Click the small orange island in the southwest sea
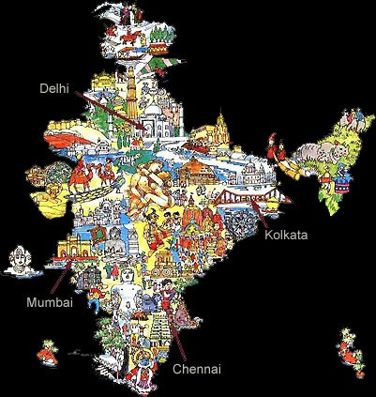point(42,352)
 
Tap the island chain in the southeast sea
point(353,347)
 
